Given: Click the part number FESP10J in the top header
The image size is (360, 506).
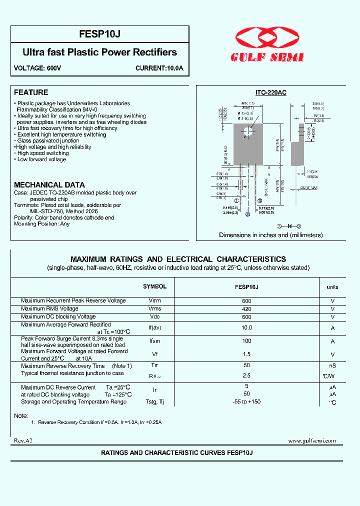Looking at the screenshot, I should click(99, 34).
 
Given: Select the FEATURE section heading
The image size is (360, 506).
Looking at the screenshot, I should click(31, 92).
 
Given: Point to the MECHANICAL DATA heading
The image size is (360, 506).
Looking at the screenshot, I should click(49, 184).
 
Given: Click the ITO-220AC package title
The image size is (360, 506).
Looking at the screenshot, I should click(270, 93).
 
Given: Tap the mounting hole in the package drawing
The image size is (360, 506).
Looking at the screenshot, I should click(248, 132).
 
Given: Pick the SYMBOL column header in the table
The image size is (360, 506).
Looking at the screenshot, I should click(154, 286).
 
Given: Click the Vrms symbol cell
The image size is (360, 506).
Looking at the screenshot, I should click(154, 308).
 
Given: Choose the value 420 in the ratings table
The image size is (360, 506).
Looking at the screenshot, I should click(246, 309).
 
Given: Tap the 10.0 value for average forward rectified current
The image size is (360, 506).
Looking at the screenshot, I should click(246, 328).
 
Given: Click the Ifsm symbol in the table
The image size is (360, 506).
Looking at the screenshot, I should click(154, 341).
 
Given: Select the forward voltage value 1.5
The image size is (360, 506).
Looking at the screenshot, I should click(246, 354).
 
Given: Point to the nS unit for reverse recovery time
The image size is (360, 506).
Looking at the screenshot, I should click(332, 366).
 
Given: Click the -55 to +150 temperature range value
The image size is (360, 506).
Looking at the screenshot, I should click(246, 402).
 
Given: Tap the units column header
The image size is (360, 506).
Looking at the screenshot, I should click(332, 287).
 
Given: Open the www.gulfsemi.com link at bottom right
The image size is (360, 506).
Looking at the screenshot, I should click(311, 440).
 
